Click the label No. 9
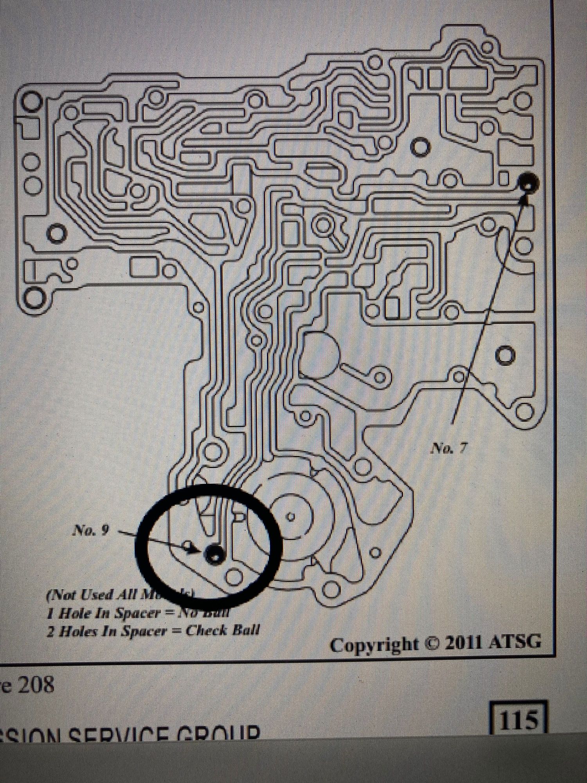(x=91, y=530)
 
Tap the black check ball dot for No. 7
(x=528, y=183)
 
